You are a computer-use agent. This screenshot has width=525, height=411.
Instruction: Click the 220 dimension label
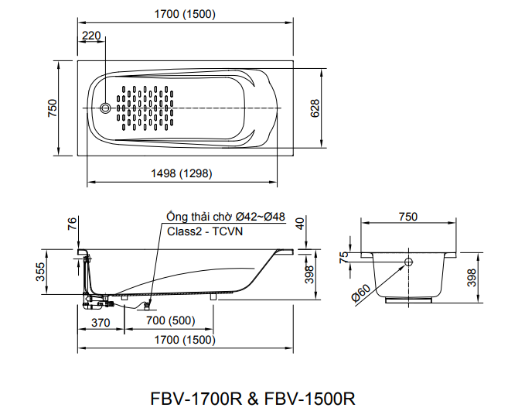coord(90,36)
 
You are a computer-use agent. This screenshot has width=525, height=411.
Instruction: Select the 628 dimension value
coord(315,108)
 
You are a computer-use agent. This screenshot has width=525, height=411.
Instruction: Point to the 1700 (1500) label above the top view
coord(185,14)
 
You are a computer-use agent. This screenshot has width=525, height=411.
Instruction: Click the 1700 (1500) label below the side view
coord(184,340)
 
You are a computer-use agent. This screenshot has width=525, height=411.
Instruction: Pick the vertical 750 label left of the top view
coord(52,108)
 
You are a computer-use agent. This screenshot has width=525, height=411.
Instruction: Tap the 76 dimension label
coord(72,224)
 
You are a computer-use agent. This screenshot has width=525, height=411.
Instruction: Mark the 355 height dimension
coord(39,271)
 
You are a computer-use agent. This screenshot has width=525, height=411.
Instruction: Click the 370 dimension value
coord(101,321)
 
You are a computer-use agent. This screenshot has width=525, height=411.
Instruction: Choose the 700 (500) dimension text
coord(169,321)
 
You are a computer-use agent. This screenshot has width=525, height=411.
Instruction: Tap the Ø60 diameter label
coord(363,294)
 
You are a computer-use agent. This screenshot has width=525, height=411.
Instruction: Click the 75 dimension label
coord(345,255)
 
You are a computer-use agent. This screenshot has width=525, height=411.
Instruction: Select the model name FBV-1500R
coord(309,398)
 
